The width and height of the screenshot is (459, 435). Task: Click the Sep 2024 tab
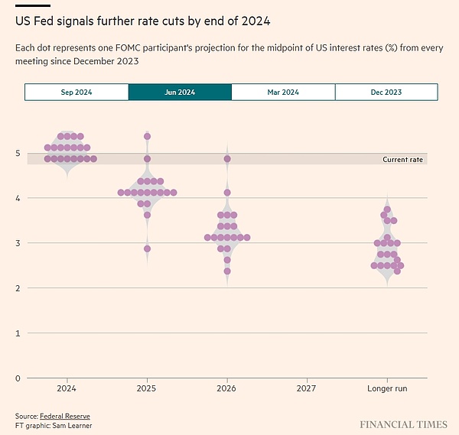point(76,92)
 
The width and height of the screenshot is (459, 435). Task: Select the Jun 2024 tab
point(180,92)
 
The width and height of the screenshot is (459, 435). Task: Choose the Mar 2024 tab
point(283,92)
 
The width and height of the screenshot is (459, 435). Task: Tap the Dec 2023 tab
point(386,92)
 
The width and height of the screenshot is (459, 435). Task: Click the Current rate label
point(402,159)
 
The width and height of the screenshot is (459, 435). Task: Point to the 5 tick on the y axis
point(18,153)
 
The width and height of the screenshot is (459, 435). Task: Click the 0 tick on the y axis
point(18,378)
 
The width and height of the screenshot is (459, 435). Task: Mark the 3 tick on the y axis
point(18,243)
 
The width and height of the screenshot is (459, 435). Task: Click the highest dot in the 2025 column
point(147,137)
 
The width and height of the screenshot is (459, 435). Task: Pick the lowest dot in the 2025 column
point(147,248)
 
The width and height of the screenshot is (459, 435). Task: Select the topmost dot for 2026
point(227,159)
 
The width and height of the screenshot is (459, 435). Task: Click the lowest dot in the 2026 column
point(227,271)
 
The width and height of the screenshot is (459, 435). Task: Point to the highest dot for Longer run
point(388,209)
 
